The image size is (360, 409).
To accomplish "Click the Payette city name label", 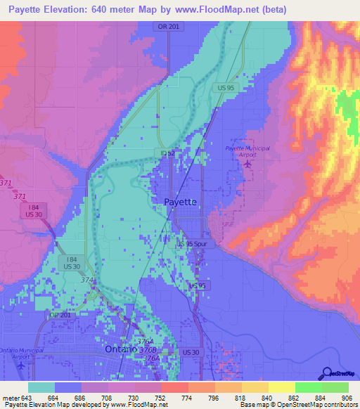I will (x=180, y=202).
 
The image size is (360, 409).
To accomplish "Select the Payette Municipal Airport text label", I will (x=247, y=151).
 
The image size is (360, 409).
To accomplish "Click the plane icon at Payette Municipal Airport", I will (x=247, y=164).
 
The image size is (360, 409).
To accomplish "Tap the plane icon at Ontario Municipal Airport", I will (x=22, y=365).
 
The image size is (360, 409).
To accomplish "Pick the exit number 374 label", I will (x=87, y=280).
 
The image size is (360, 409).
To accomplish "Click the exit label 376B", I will (x=146, y=349).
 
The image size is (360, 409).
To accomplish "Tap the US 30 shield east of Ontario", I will (x=191, y=351).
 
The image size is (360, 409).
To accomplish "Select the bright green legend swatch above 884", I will (x=309, y=387).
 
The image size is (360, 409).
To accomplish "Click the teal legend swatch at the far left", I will (x=41, y=387).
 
